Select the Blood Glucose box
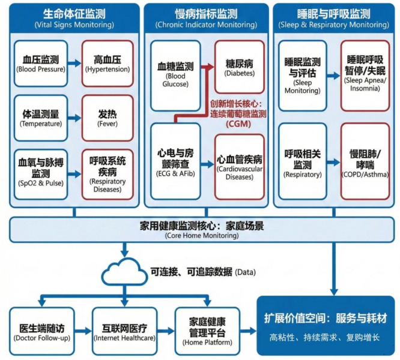coord(175,75)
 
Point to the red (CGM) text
coord(238,124)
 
